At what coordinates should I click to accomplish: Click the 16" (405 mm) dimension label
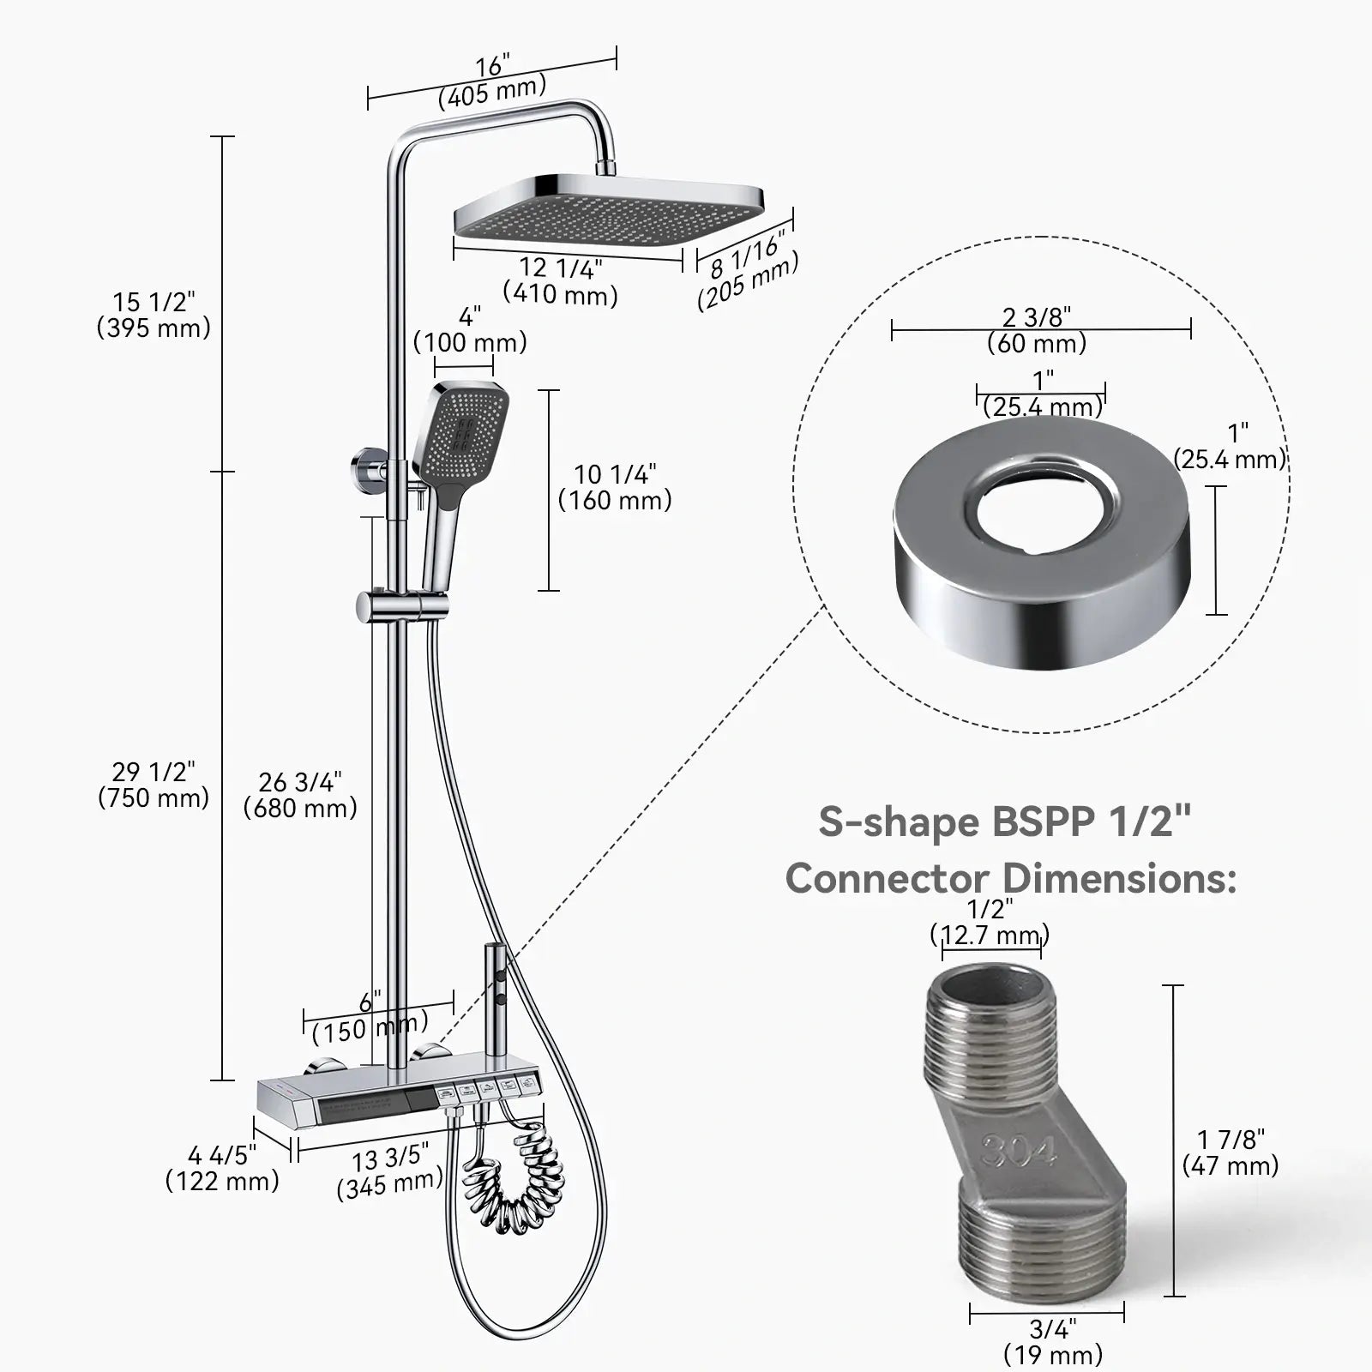click(492, 79)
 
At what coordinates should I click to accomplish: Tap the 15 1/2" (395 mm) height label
click(153, 315)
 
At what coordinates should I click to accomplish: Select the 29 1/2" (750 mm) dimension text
click(153, 785)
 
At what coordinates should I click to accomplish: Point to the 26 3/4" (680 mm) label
click(300, 795)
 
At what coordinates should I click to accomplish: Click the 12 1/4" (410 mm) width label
click(560, 281)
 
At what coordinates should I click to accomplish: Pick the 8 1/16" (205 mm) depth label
click(747, 272)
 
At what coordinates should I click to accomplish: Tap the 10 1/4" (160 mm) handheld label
click(615, 487)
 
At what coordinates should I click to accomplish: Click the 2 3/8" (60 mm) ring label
click(1037, 330)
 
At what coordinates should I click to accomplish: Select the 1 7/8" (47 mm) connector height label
click(1230, 1152)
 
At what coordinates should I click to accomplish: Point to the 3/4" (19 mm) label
click(1052, 1342)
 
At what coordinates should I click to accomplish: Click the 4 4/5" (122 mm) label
click(222, 1168)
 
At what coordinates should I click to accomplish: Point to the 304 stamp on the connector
click(1019, 1151)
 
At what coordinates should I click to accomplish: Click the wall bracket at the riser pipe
click(369, 472)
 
